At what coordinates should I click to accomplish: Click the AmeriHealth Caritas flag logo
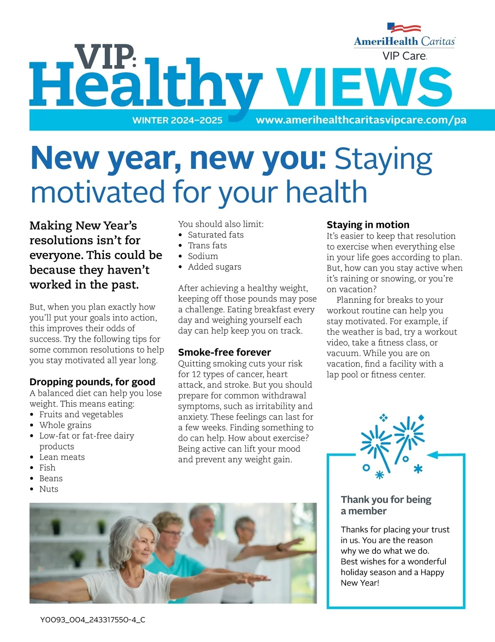pyautogui.click(x=404, y=28)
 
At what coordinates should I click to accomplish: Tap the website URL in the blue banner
pyautogui.click(x=361, y=120)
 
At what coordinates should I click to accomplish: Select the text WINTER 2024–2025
pyautogui.click(x=177, y=120)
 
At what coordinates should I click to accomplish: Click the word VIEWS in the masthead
pyautogui.click(x=364, y=87)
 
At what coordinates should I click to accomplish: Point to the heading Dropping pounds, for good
pyautogui.click(x=92, y=382)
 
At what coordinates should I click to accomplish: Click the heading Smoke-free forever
pyautogui.click(x=224, y=352)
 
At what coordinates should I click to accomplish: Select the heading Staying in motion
pyautogui.click(x=368, y=225)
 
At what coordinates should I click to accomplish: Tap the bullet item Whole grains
pyautogui.click(x=65, y=425)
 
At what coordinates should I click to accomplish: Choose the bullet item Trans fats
pyautogui.click(x=207, y=246)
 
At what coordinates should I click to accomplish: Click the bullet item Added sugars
pyautogui.click(x=214, y=267)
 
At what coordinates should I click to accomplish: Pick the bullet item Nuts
pyautogui.click(x=49, y=489)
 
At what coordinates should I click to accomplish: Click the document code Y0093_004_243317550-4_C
pyautogui.click(x=93, y=619)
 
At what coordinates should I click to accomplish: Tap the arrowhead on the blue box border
pyautogui.click(x=433, y=455)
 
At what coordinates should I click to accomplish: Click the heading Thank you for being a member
pyautogui.click(x=386, y=505)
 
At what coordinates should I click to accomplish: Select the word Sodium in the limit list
pyautogui.click(x=203, y=256)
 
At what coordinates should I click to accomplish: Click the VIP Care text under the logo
pyautogui.click(x=404, y=56)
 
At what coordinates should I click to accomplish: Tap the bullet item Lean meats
pyautogui.click(x=62, y=457)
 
